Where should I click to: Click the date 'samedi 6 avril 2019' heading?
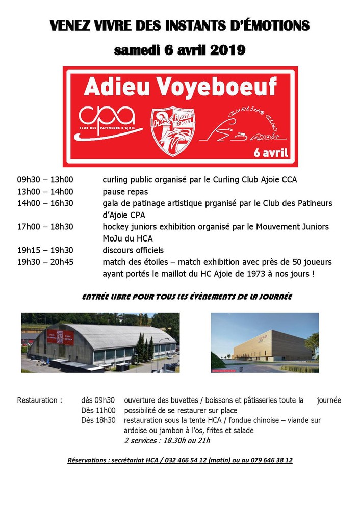click(x=179, y=50)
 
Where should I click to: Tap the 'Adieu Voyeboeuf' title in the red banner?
click(x=180, y=88)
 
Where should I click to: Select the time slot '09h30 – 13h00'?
click(x=45, y=180)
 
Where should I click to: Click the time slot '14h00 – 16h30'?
click(x=45, y=203)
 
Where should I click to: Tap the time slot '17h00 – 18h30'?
click(x=45, y=227)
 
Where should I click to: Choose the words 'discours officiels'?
click(x=133, y=250)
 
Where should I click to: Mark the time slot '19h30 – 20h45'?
click(x=45, y=262)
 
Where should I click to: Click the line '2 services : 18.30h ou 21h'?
click(x=167, y=441)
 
